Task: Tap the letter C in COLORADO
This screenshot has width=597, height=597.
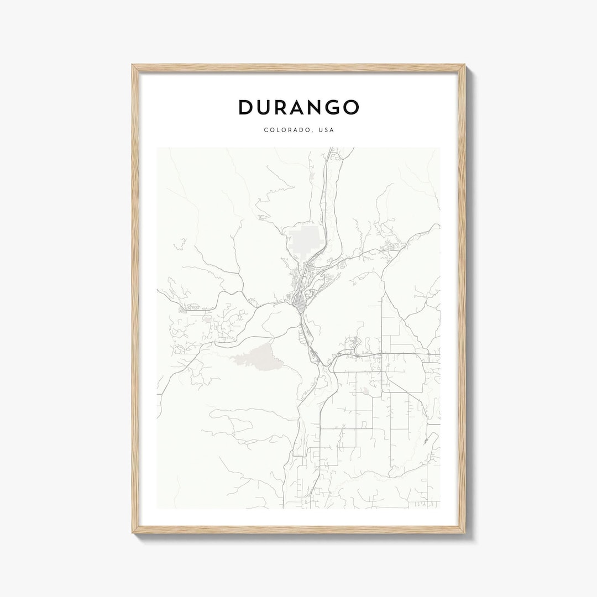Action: point(266,130)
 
